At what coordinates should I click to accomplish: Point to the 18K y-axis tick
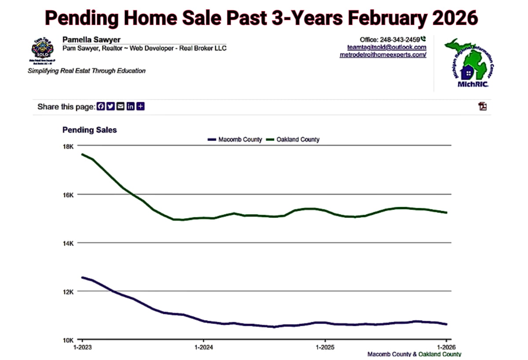coord(70,146)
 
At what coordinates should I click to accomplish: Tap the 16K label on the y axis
coord(70,195)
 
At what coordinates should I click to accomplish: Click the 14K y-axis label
coord(70,243)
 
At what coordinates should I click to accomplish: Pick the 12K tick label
coord(70,291)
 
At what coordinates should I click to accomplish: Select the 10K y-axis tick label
coord(70,340)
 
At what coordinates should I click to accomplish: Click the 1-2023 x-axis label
coord(82,347)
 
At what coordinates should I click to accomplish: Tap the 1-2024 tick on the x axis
coord(203,347)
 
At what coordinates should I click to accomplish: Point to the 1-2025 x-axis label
coord(325,347)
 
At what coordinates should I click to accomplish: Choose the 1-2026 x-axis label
coord(446,347)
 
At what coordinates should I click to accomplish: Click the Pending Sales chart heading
coord(90,130)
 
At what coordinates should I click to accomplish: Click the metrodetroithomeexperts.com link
coord(383,55)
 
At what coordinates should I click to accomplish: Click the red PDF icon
coord(483,106)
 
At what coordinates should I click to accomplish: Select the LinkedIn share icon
coord(130,107)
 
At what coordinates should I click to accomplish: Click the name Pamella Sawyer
coord(92,40)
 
